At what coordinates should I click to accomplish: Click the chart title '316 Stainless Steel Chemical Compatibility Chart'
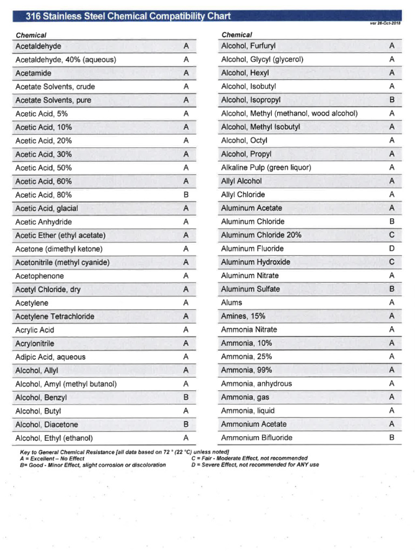[x=129, y=16]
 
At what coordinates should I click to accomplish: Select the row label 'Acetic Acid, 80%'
[x=44, y=195]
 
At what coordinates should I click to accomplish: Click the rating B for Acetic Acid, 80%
[x=186, y=195]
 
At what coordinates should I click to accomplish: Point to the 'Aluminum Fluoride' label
[x=252, y=248]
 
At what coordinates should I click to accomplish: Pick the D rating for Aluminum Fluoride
[x=392, y=248]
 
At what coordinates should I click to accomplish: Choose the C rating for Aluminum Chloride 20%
[x=392, y=235]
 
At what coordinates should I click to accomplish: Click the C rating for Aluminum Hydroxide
[x=392, y=262]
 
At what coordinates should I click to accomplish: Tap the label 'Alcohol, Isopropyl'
[x=251, y=100]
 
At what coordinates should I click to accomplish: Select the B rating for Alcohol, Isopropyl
[x=392, y=100]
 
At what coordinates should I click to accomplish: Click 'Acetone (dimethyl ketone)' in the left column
[x=59, y=249]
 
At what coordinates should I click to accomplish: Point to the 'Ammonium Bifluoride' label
[x=257, y=437]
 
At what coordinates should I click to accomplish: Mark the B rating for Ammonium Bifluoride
[x=392, y=437]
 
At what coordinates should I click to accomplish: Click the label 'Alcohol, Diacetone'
[x=47, y=424]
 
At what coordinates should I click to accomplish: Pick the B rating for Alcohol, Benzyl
[x=186, y=397]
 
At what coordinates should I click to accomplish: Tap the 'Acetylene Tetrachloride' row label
[x=55, y=316]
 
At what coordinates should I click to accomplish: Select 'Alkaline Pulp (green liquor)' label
[x=266, y=167]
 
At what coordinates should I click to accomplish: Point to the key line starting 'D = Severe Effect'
[x=255, y=464]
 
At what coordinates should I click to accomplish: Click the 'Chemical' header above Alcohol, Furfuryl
[x=237, y=35]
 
